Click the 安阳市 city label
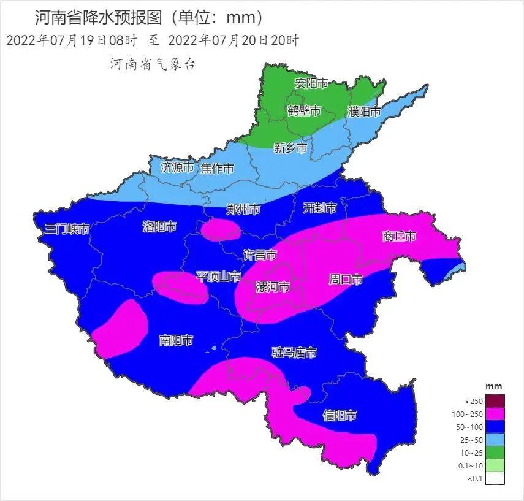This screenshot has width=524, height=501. (x=311, y=83)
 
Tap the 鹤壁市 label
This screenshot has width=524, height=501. (x=304, y=111)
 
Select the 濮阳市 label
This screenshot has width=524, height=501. (x=364, y=112)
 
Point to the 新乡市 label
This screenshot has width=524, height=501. (x=290, y=147)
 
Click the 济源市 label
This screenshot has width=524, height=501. (x=177, y=167)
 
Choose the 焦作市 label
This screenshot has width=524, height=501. (x=217, y=168)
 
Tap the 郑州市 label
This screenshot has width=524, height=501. (x=243, y=210)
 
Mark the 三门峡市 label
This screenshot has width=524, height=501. (x=67, y=229)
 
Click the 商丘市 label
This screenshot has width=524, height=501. (x=399, y=236)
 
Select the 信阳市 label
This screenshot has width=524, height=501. (x=340, y=416)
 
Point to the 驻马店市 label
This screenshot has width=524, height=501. (x=294, y=353)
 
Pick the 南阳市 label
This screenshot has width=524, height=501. (x=176, y=340)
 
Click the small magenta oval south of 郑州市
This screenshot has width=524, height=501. (x=221, y=230)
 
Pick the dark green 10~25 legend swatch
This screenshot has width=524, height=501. (x=495, y=453)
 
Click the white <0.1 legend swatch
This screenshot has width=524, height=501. (x=495, y=478)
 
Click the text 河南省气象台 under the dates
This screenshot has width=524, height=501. (x=153, y=64)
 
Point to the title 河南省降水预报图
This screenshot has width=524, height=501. (x=100, y=17)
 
